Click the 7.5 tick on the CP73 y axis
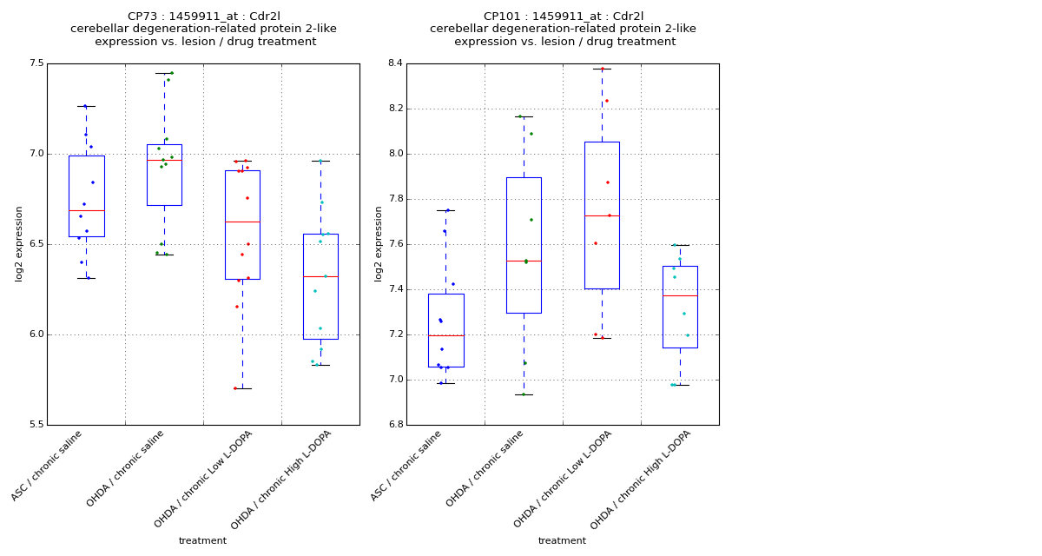coord(36,63)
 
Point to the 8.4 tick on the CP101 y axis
coord(395,63)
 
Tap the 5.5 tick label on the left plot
coord(36,425)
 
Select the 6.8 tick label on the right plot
coord(395,425)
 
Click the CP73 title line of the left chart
coord(203,17)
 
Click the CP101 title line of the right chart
coord(563,17)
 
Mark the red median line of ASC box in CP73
coord(86,210)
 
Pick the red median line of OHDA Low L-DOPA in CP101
coord(602,215)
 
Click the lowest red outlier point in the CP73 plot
coord(234,388)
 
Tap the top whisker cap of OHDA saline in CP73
coord(164,73)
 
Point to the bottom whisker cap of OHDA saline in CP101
coord(524,394)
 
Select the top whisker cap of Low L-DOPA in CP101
coord(602,69)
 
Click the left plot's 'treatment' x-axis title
coord(202,541)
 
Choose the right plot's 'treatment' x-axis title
coord(562,541)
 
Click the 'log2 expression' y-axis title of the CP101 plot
coord(379,243)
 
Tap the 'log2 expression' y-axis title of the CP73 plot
coord(19,243)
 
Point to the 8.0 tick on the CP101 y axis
coord(395,154)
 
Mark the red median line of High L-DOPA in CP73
coord(320,276)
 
